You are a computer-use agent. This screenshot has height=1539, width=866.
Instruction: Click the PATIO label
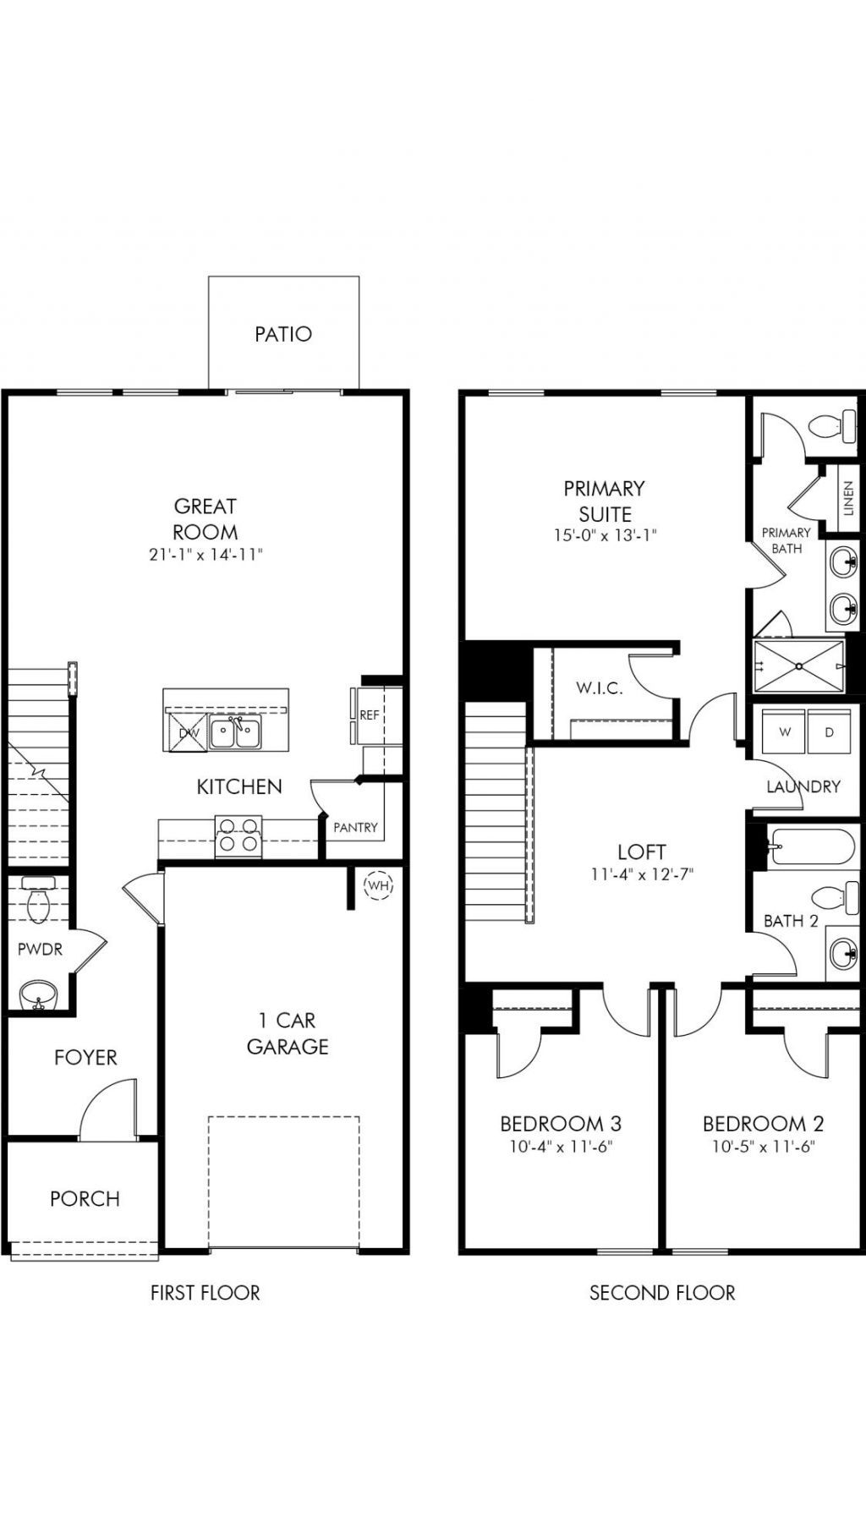[283, 334]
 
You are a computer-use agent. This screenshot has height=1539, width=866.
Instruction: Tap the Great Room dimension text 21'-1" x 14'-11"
[205, 555]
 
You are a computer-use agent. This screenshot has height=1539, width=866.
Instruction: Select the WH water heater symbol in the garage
[378, 885]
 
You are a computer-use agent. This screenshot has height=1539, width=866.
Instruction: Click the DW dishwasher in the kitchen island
[187, 732]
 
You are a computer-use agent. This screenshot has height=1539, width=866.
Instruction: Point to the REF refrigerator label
[370, 715]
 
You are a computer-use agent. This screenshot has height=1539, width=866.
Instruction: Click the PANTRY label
[355, 827]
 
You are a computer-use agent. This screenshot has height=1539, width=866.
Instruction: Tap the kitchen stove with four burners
[238, 835]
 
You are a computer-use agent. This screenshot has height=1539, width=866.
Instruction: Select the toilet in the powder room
[39, 901]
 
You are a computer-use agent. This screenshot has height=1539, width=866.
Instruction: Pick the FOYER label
[85, 1057]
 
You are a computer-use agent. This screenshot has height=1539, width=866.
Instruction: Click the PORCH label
[85, 1198]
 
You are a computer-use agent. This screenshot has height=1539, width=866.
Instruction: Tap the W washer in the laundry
[784, 732]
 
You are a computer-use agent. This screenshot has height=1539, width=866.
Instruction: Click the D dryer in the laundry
[830, 732]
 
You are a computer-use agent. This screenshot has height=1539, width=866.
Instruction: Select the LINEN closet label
[848, 499]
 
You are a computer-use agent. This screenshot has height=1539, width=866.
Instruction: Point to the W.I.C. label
[600, 688]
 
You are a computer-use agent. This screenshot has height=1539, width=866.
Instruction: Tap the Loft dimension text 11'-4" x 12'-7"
[642, 874]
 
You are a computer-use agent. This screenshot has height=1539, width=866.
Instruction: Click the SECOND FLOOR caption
[662, 1292]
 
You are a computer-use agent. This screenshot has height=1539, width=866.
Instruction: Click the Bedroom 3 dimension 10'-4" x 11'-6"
[561, 1147]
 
